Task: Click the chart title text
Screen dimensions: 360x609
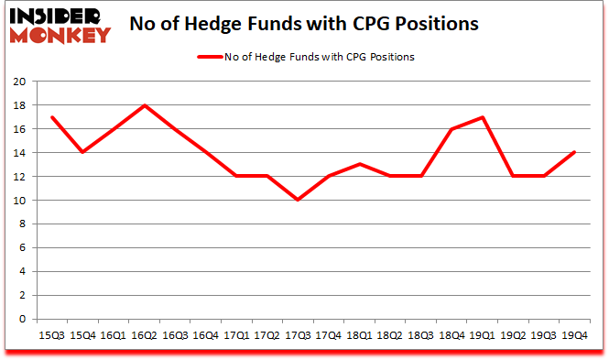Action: pyautogui.click(x=304, y=25)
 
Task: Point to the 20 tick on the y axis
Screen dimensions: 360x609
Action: pyautogui.click(x=18, y=82)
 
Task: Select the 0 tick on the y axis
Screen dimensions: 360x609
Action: pyautogui.click(x=21, y=320)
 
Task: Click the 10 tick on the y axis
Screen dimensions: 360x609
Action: pyautogui.click(x=18, y=201)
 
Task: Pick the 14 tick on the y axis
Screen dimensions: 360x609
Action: pyautogui.click(x=18, y=153)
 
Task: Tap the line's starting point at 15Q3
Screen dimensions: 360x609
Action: pyautogui.click(x=53, y=117)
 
